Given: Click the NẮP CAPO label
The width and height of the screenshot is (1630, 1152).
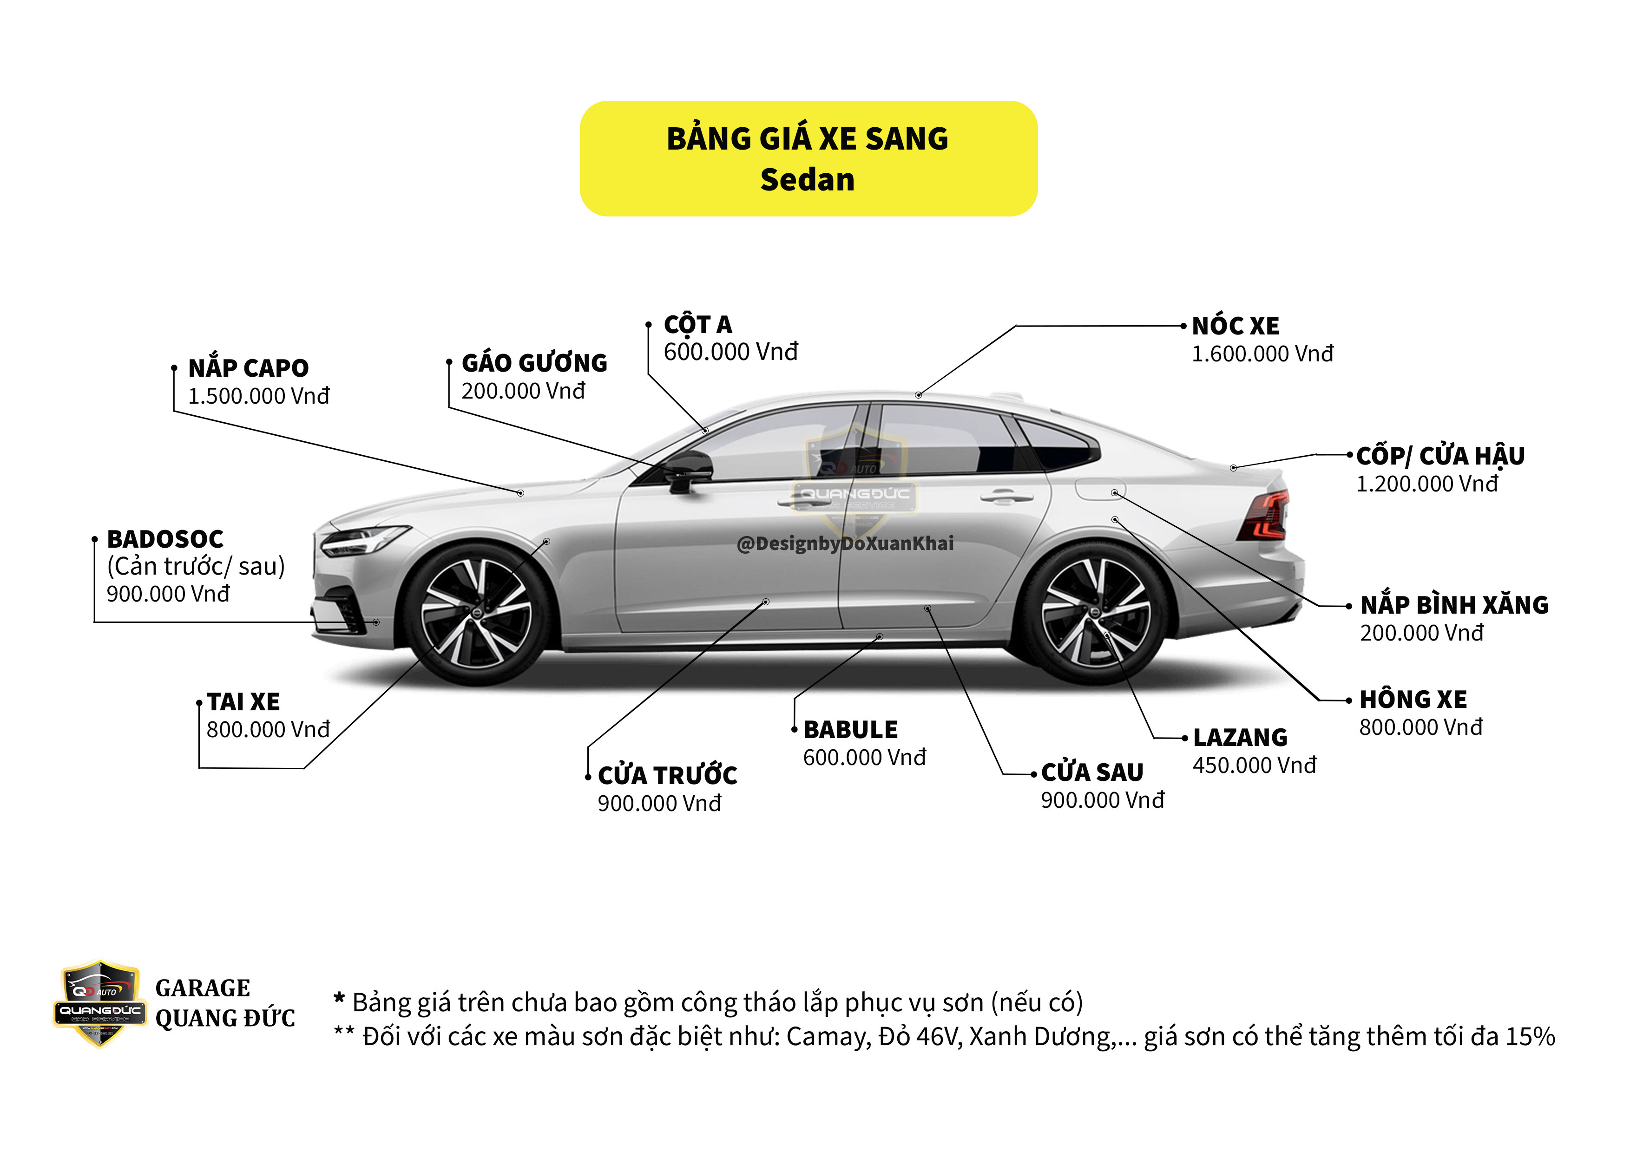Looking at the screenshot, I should tap(249, 368).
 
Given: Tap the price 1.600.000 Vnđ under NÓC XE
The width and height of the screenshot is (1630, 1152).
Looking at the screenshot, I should tap(1262, 353).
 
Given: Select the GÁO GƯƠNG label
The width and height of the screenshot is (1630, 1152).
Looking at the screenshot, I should tap(534, 363).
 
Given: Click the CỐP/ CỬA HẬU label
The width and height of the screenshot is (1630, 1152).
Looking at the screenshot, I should tap(1440, 456).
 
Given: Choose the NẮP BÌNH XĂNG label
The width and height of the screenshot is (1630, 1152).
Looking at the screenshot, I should tap(1454, 605).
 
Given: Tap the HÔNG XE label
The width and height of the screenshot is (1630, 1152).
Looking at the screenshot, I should tap(1413, 700).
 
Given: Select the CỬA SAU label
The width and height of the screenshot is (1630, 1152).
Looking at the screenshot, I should tap(1092, 772).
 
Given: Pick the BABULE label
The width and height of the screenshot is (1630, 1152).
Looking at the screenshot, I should tap(850, 730).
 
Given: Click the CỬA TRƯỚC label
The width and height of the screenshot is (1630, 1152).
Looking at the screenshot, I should tap(667, 775).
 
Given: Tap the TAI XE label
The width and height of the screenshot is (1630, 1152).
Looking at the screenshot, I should tap(243, 702).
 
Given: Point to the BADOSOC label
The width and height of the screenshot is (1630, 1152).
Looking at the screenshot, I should tap(164, 539).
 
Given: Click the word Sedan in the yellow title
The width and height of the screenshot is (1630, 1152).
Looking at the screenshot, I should tap(807, 180).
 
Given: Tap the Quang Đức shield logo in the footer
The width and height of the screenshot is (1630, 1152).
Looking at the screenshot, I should tap(99, 1003).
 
